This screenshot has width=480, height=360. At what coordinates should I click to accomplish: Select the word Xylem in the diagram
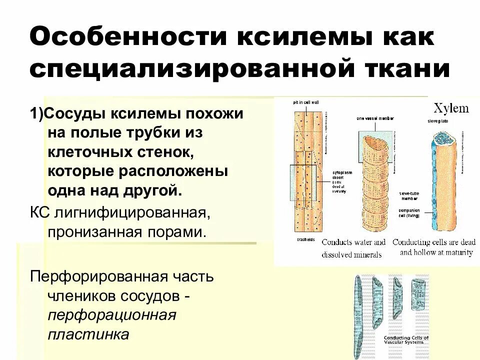point(451,108)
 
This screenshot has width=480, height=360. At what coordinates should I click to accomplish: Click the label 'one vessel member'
point(375,119)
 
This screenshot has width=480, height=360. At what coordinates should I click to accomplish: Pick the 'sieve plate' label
point(436,121)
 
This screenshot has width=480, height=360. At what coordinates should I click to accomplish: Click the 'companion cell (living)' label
point(408,213)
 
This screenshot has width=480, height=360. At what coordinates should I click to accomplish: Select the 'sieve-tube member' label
point(409,195)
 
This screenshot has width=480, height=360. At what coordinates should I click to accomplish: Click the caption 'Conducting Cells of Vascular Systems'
point(406,340)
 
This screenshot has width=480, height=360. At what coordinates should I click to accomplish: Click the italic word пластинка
point(88,334)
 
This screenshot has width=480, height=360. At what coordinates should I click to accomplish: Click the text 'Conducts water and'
point(353,242)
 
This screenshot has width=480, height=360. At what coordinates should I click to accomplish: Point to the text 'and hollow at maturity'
point(436,252)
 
